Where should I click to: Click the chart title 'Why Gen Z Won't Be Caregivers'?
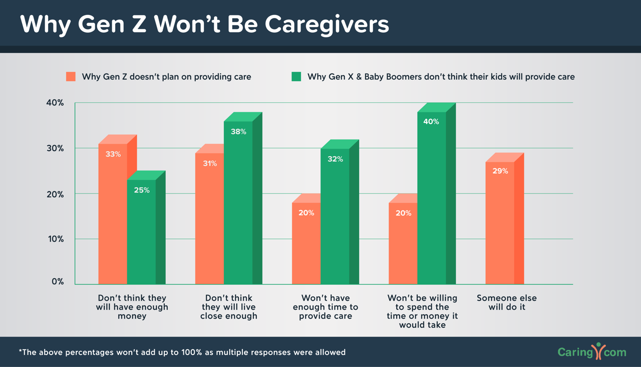click(204, 24)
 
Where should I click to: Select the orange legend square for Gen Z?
click(71, 76)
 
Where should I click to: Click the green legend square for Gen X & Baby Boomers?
click(296, 76)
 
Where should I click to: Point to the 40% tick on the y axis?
click(55, 102)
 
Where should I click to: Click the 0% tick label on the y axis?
click(58, 281)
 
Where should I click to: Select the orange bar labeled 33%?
click(113, 215)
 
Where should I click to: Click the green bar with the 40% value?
click(432, 200)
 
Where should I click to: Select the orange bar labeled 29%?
click(500, 225)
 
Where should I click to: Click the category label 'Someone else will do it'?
click(507, 302)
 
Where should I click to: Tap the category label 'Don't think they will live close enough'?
click(229, 307)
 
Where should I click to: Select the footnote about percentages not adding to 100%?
click(182, 352)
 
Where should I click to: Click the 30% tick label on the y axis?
click(55, 148)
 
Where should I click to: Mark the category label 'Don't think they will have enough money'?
click(132, 307)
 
